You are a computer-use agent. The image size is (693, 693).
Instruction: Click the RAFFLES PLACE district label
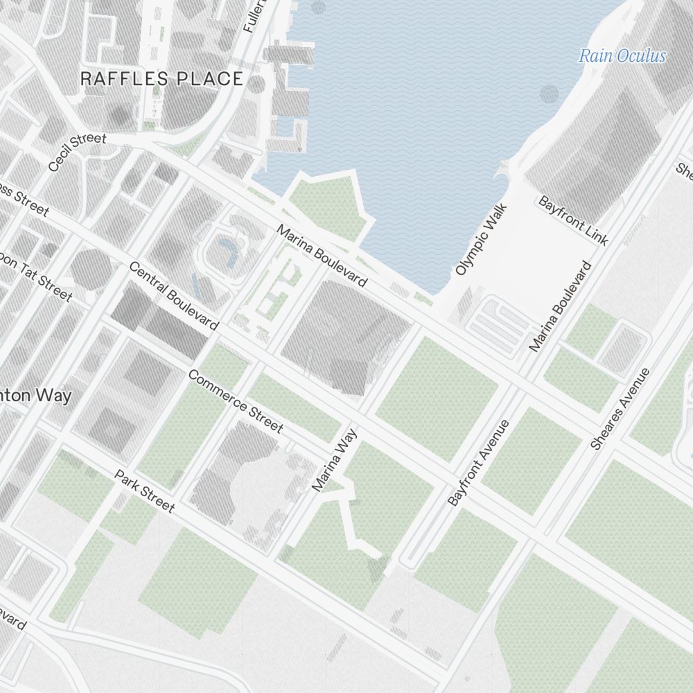[x=161, y=78]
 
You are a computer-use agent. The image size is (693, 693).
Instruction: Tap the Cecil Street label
[x=78, y=152]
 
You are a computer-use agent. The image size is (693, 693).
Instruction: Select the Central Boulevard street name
[x=173, y=296]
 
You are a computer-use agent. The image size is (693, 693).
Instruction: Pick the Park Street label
[x=144, y=491]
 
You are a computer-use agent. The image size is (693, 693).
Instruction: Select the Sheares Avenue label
[x=620, y=409]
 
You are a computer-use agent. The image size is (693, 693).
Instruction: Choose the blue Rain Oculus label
[x=622, y=56]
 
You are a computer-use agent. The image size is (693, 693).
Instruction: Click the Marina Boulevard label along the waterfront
[x=322, y=255]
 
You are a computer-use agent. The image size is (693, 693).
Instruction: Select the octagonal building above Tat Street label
[x=90, y=267]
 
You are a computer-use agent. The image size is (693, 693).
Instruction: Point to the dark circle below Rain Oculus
[x=548, y=94]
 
